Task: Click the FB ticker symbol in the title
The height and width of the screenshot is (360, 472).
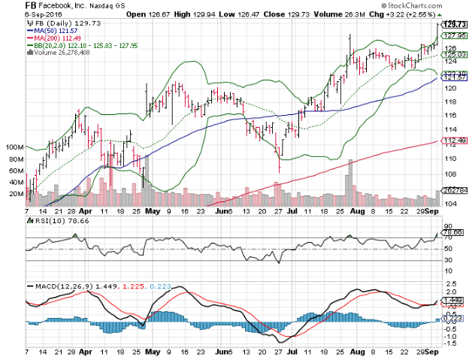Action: tap(32, 5)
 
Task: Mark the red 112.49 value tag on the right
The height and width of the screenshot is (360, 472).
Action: tap(449, 141)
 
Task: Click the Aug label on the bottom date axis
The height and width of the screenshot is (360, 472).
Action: tap(355, 352)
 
